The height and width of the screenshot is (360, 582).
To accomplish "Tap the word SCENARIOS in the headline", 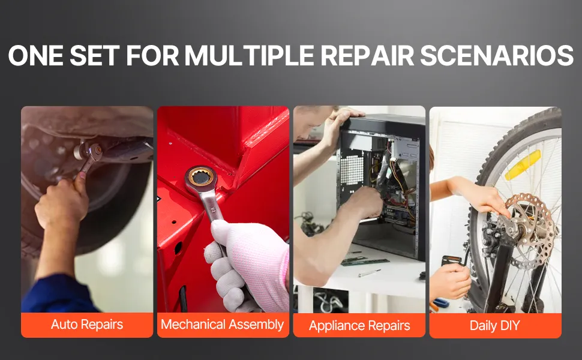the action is click(497, 56).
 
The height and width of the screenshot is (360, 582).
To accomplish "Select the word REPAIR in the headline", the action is click(367, 56).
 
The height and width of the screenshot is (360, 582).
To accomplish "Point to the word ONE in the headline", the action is click(35, 56).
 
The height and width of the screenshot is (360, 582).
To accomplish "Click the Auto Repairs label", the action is click(87, 325).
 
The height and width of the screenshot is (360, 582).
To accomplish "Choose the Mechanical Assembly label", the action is click(223, 325).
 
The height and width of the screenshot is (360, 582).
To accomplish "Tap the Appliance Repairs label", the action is click(359, 325).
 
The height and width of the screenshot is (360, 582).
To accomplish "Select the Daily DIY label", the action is click(494, 325).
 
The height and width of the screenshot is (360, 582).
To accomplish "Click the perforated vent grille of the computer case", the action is click(352, 170).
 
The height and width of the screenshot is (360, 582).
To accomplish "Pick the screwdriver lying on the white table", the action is click(369, 273).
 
